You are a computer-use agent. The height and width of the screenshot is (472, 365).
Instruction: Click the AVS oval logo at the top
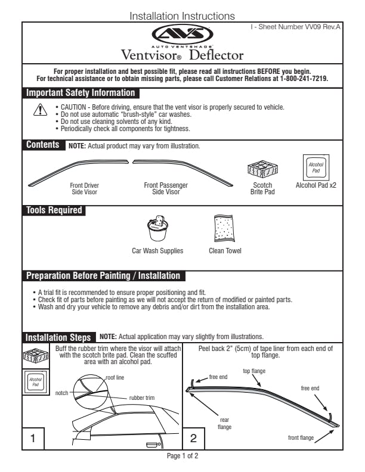182,34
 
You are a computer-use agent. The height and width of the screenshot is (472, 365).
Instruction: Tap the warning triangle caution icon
39,111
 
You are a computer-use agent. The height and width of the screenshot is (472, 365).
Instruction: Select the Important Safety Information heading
81,93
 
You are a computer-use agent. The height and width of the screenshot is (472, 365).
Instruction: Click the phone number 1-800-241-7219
304,78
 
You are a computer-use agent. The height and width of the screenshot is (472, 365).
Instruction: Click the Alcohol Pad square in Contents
316,166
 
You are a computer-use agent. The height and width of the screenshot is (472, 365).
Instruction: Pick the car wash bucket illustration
158,228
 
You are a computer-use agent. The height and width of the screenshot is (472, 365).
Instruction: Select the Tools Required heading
54,210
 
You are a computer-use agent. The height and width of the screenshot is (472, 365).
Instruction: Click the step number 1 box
33,439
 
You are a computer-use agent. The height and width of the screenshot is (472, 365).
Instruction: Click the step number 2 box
193,439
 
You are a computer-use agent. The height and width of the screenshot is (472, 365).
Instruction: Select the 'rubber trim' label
142,398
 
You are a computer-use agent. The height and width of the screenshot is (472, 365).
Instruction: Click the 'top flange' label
254,371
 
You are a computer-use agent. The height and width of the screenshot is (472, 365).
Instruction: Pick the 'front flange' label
301,438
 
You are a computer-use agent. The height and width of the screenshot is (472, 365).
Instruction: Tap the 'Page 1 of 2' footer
182,457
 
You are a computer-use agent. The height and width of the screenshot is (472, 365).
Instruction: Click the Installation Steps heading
58,337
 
